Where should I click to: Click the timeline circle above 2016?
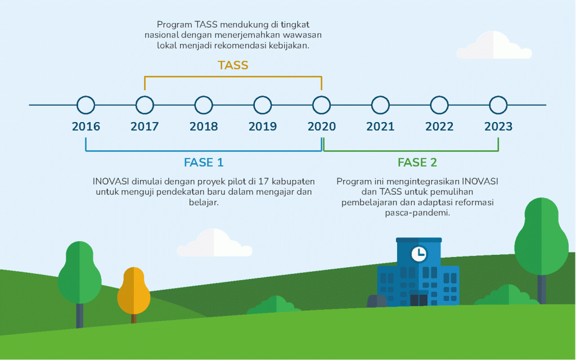(86, 96)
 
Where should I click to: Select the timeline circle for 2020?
(321, 96)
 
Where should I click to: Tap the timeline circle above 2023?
(498, 96)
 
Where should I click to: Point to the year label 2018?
(204, 127)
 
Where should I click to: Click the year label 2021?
(380, 127)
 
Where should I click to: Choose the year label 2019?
(262, 127)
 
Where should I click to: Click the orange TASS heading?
(233, 65)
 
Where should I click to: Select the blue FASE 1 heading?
(204, 163)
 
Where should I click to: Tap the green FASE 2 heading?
(417, 163)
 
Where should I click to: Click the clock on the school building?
(418, 254)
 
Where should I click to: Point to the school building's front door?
(418, 300)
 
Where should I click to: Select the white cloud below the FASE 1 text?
(214, 243)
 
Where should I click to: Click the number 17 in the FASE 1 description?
(263, 181)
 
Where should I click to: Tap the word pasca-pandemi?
(417, 213)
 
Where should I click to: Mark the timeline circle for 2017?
(145, 96)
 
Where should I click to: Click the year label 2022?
(439, 127)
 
